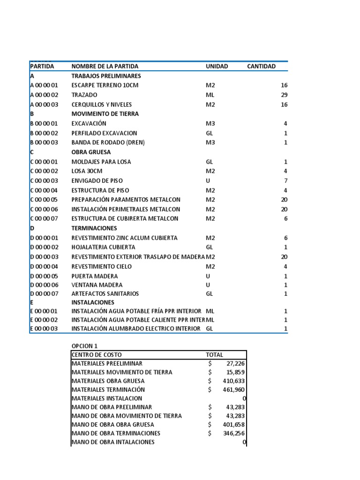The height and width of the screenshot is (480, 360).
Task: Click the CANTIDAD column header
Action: coord(261,66)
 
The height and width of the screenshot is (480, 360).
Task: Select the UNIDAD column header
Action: coord(217,66)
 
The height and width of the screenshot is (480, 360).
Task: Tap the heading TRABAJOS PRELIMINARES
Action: coord(106,76)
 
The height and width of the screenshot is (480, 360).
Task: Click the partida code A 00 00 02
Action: coord(44,95)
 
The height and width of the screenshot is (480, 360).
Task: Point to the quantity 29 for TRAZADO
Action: coord(284,95)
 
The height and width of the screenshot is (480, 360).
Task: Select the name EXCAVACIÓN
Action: coord(89,123)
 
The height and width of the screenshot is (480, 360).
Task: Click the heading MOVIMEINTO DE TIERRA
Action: coord(105,114)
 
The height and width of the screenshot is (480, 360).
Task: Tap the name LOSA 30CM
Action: coord(87,171)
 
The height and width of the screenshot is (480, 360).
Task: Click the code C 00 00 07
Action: coord(44,218)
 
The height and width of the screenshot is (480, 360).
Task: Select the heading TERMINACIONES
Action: coord(94,228)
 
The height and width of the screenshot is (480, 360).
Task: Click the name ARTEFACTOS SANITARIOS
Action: coord(105,293)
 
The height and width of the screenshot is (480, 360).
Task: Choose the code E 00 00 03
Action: coord(44,329)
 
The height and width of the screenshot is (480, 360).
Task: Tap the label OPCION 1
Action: coord(84,346)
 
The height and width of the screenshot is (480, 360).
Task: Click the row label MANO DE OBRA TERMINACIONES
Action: coord(116,433)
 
